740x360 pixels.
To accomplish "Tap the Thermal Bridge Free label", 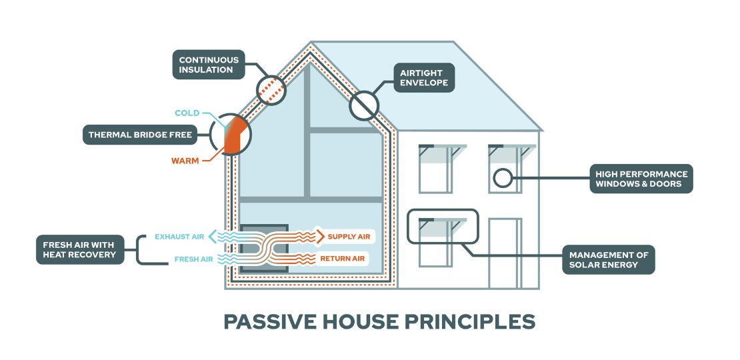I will coord(140,135).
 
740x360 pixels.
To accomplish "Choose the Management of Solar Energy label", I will coord(607,259).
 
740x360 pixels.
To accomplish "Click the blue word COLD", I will coord(187,113).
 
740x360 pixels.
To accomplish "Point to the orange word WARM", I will coord(185,161).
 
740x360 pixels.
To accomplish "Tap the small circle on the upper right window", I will coord(502,178).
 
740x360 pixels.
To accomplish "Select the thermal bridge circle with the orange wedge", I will coord(231,135).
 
